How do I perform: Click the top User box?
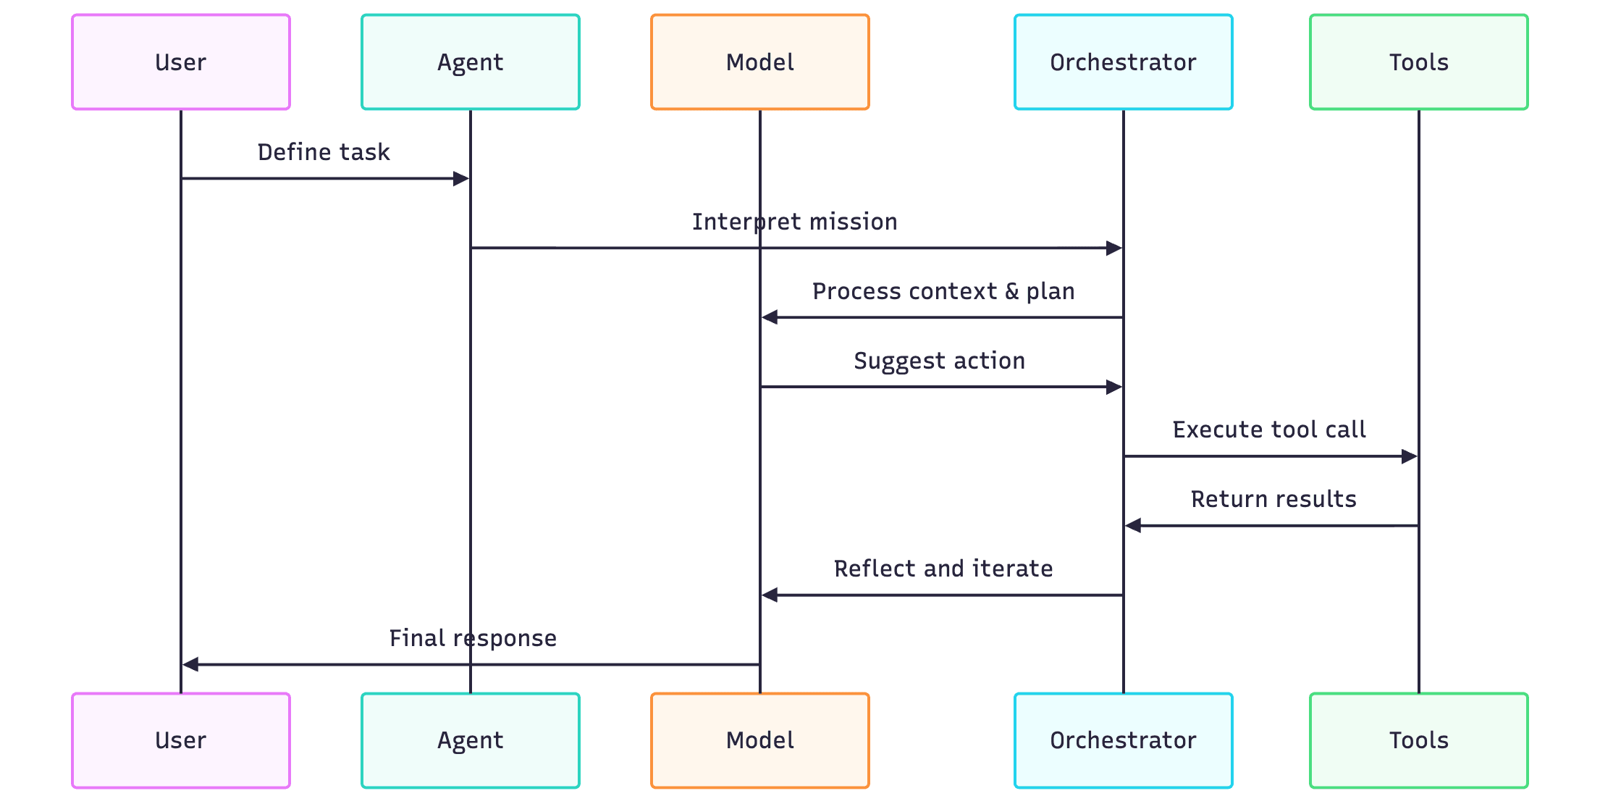(181, 62)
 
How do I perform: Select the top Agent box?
(471, 62)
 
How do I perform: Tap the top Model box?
(760, 62)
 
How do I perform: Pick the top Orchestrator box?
(1123, 62)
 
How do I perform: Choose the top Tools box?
(1418, 62)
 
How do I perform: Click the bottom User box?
(181, 740)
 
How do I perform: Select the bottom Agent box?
(471, 740)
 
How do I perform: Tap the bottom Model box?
(760, 740)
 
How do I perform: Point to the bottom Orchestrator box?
(1123, 740)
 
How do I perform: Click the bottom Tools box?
(1418, 740)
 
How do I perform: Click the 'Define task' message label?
(324, 152)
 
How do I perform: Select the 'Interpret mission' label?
(794, 222)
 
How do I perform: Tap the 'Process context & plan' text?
(943, 291)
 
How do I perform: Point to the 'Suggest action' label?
(939, 361)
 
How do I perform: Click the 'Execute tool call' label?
(1269, 430)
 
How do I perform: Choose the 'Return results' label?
(1273, 499)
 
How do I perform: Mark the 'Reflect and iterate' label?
(943, 569)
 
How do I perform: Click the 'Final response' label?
(473, 638)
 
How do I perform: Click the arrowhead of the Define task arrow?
(461, 179)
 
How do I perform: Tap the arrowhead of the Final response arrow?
(190, 664)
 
